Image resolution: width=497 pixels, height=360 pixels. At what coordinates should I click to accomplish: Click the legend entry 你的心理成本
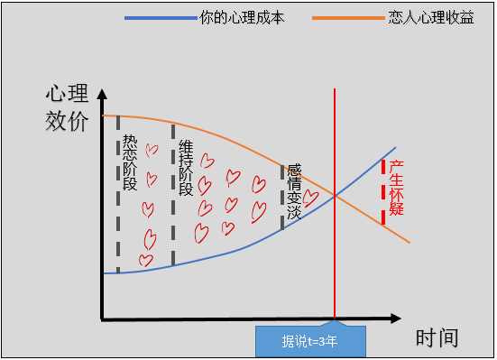pos(241,18)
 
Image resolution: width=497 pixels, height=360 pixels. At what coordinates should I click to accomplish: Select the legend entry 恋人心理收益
pos(428,18)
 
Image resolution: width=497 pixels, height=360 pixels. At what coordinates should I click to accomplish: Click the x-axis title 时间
pos(437,339)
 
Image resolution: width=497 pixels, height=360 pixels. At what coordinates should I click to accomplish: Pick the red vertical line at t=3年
pos(336,135)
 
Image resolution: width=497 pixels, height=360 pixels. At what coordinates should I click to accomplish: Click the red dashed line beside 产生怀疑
pos(383,191)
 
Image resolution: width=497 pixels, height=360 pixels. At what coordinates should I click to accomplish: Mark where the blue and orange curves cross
pos(336,196)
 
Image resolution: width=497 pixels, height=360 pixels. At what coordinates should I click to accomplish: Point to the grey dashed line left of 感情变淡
pos(282,197)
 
